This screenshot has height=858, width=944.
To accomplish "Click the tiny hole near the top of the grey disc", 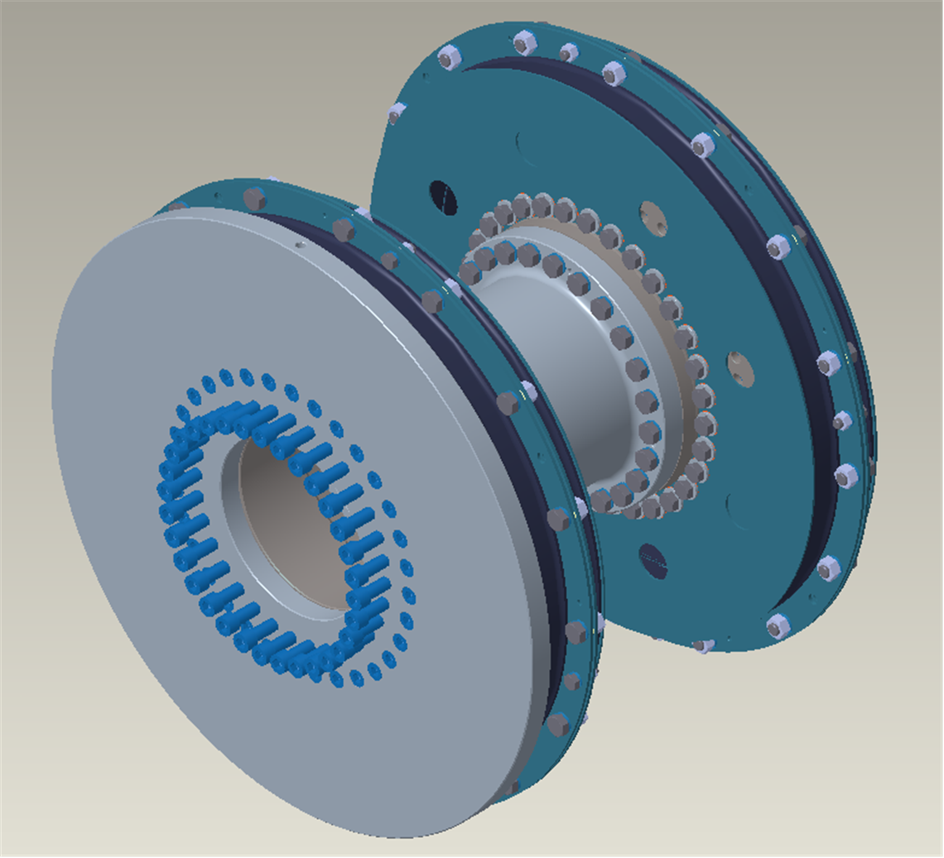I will tap(298, 245).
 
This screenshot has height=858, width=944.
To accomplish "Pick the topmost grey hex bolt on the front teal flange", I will tap(254, 199).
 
